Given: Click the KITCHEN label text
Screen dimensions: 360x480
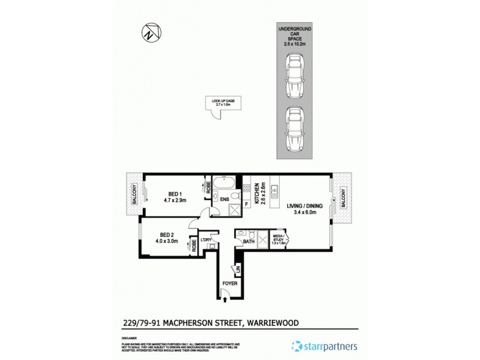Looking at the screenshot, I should coord(257,192).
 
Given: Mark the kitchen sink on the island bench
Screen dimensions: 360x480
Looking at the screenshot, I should coord(275,193).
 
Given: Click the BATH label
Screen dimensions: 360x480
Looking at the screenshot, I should coord(248,242).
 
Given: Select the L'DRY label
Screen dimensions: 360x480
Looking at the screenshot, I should coord(207,241).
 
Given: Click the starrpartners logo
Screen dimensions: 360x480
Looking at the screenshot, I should coord(324,347).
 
